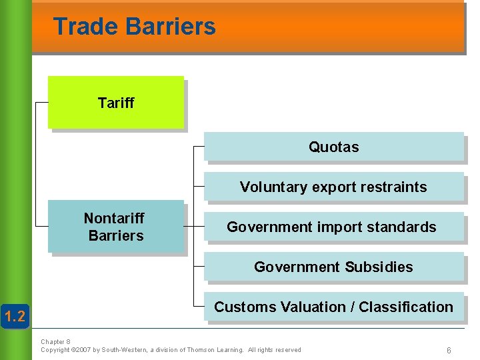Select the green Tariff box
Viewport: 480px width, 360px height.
point(115,102)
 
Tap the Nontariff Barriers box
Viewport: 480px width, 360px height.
point(115,227)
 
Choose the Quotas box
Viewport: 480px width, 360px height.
point(333,147)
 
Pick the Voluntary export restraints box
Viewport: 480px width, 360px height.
point(333,187)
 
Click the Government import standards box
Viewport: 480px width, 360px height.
point(332,227)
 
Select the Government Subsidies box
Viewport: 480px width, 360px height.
point(333,267)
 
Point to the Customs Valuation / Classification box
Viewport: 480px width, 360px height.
point(333,307)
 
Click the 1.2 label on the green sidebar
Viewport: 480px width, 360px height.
point(15,315)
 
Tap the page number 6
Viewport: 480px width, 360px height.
point(449,351)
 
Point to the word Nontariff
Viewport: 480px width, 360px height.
point(114,218)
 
